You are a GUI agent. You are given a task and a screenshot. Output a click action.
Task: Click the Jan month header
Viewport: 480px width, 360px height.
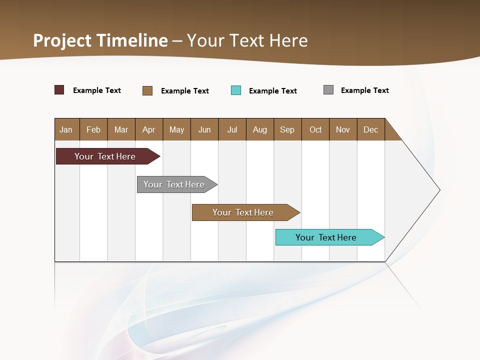(66, 129)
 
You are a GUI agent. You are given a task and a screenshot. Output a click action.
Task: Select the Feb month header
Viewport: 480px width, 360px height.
(93, 129)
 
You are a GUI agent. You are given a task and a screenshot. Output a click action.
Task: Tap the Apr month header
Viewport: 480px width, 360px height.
(149, 129)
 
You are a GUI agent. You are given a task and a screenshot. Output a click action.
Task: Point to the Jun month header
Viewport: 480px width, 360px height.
(204, 129)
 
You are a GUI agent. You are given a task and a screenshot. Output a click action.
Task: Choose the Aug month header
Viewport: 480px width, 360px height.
(260, 129)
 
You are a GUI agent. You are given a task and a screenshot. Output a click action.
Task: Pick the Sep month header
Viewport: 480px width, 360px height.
(287, 129)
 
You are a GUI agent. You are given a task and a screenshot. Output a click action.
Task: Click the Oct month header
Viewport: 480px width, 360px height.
(315, 129)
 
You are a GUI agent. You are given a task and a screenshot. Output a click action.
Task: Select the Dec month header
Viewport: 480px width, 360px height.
(371, 129)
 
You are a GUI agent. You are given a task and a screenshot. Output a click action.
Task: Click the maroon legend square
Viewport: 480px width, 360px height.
(59, 90)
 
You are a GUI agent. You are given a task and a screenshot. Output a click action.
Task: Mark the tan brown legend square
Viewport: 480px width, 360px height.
(147, 90)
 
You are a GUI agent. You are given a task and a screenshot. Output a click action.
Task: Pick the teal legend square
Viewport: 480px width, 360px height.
(236, 90)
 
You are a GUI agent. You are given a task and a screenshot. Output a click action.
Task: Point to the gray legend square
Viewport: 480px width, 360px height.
(328, 90)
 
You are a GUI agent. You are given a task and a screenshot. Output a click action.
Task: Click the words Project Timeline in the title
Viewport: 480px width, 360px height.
(100, 40)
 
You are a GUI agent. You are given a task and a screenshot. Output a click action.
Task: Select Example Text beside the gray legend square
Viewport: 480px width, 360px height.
(364, 90)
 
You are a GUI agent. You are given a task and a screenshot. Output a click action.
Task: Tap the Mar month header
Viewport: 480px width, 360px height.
(121, 129)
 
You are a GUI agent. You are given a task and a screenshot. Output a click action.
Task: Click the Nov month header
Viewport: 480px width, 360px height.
(343, 129)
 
